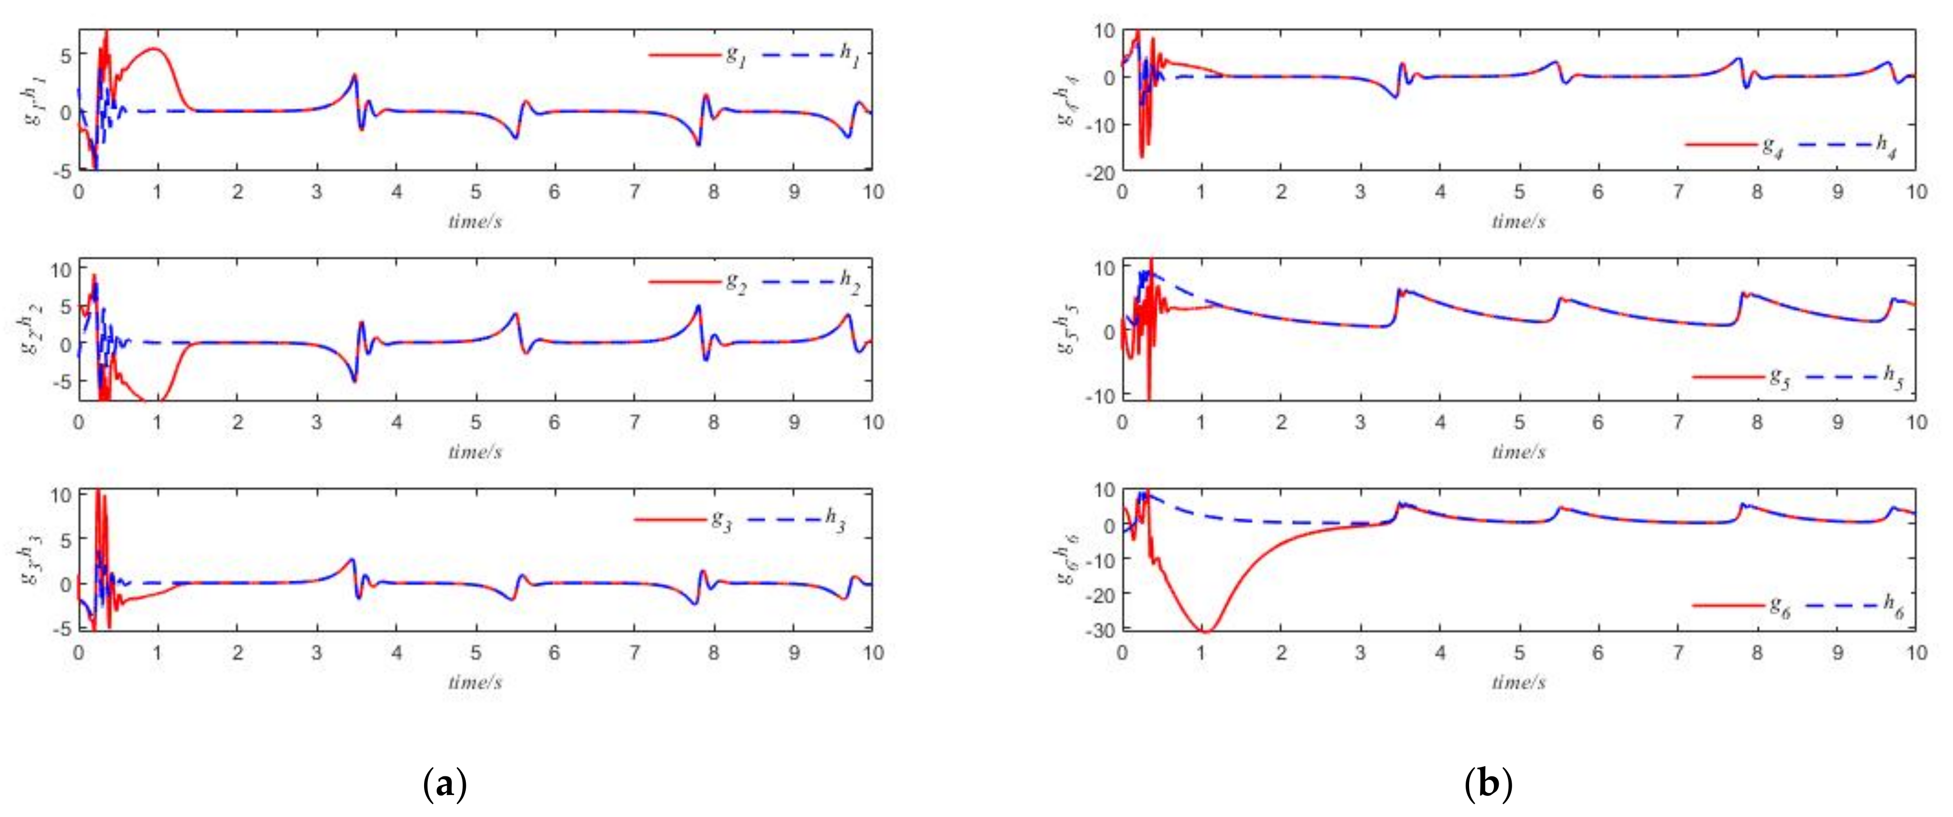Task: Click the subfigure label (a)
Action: [x=444, y=784]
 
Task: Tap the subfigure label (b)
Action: [x=1488, y=784]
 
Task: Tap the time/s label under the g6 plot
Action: [x=1518, y=682]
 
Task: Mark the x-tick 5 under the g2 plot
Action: [x=475, y=422]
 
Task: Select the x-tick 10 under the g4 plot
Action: [x=1916, y=192]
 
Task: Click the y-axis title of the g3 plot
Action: [x=32, y=559]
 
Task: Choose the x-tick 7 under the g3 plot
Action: [x=634, y=652]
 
